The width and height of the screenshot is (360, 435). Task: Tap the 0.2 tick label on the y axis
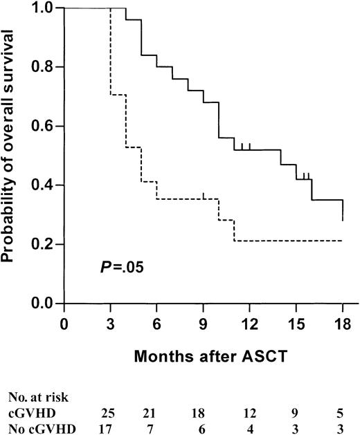pos(46,245)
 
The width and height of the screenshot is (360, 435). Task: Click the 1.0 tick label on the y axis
pos(46,8)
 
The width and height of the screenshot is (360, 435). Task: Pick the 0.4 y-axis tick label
pos(46,185)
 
